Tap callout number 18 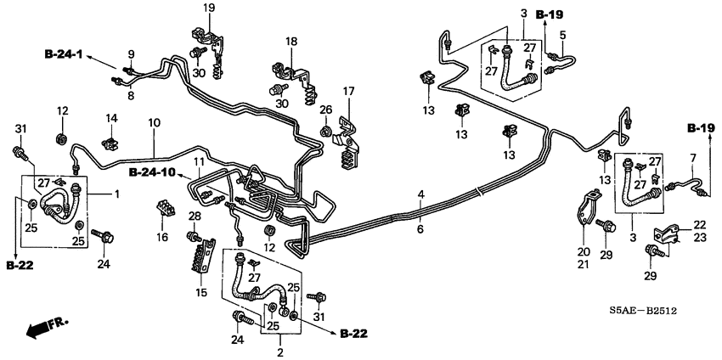(x=291, y=42)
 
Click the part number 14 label (x=111, y=117)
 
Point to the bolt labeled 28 (x=193, y=235)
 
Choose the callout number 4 (x=420, y=195)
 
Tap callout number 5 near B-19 (x=561, y=36)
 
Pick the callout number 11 (x=198, y=161)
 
